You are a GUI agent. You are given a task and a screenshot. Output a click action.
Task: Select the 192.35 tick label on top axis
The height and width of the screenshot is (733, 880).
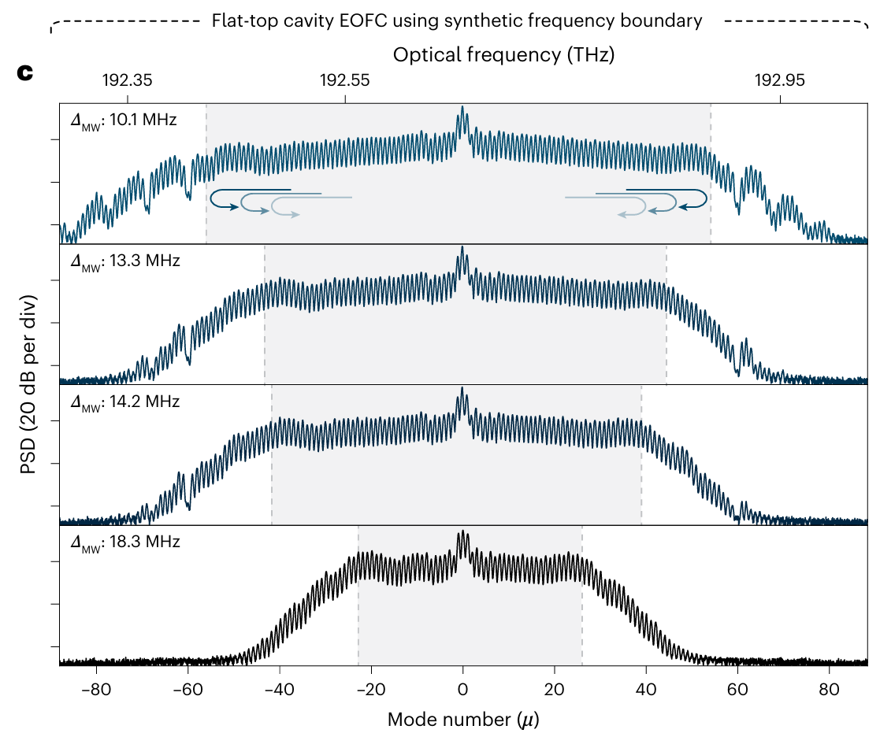[x=128, y=80]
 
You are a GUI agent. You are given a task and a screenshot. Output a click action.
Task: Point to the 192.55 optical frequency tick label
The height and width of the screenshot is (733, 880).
[x=345, y=80]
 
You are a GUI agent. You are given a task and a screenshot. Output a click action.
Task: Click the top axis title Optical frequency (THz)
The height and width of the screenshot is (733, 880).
[x=503, y=55]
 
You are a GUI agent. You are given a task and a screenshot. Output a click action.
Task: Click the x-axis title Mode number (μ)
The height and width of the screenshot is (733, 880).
[x=463, y=719]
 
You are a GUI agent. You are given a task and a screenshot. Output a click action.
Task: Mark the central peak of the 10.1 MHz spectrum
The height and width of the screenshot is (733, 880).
[x=462, y=108]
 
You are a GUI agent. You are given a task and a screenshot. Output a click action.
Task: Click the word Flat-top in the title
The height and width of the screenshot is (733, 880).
[x=241, y=21]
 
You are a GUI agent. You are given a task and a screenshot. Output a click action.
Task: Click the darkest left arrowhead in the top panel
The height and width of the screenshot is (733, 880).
[x=234, y=206]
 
